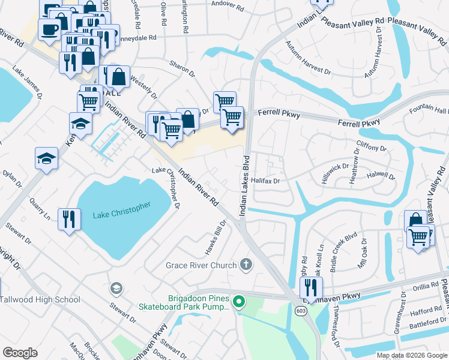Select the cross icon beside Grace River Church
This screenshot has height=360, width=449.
[x=246, y=264]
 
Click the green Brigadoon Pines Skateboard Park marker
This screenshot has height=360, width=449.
[x=240, y=301]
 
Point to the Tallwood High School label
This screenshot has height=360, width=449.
[x=40, y=299]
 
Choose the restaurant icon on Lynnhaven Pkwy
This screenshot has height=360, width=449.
[x=311, y=286]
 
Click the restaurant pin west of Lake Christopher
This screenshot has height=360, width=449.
[x=70, y=218]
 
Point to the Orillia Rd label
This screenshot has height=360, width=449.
[x=426, y=287]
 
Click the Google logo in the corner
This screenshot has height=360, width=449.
[x=20, y=353]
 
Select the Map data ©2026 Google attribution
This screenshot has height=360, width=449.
[x=412, y=355]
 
